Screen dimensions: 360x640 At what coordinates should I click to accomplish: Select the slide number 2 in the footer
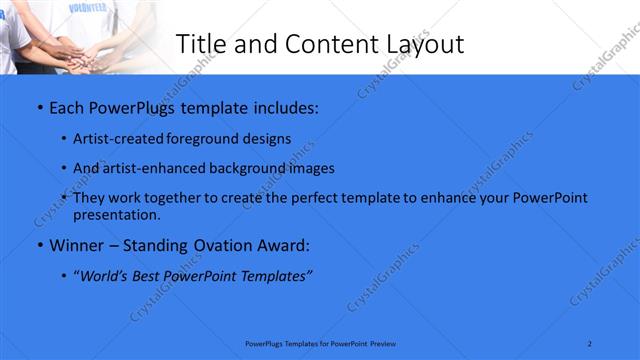[x=590, y=343]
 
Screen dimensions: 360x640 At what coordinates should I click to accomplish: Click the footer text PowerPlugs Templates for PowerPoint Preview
[x=320, y=343]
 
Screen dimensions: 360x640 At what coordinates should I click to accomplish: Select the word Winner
[x=77, y=245]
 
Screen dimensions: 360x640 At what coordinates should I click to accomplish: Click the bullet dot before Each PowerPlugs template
[x=39, y=105]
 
